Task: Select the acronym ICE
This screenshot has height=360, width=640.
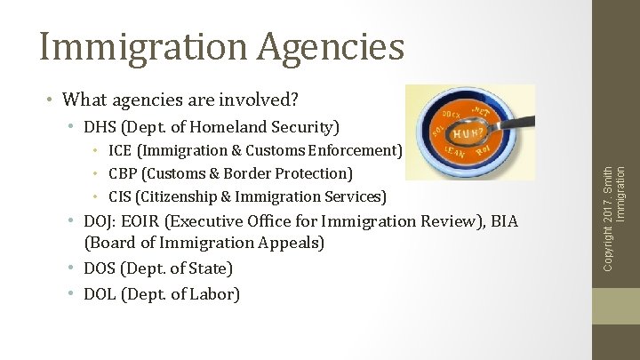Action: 123,150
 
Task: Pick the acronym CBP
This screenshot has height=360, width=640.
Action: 124,173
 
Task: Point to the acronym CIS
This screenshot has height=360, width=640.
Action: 121,196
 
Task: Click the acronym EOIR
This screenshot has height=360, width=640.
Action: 147,220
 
